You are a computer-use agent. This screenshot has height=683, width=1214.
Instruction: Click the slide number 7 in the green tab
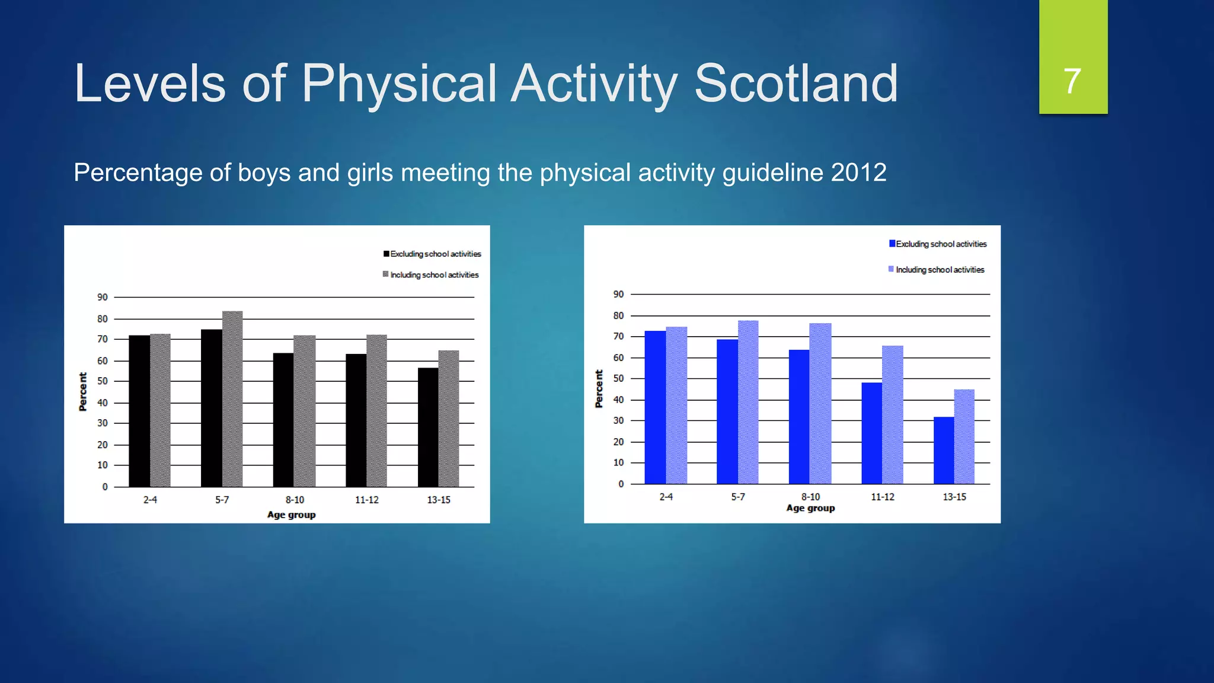[1072, 81]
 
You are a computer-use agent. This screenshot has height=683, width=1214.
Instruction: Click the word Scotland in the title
[796, 84]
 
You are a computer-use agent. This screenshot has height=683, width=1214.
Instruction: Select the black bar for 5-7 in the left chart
[211, 409]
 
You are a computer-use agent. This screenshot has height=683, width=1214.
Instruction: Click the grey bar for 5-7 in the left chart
[232, 400]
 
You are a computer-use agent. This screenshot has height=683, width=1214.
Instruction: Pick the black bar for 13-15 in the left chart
[428, 428]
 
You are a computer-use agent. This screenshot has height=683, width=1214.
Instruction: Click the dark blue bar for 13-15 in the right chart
[944, 451]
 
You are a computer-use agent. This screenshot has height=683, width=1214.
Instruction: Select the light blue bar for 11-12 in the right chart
[893, 415]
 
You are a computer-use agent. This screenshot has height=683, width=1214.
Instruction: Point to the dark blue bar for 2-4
[655, 408]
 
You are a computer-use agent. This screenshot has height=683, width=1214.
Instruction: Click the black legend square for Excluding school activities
[386, 254]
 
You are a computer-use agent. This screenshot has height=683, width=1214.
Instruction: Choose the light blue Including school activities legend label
[940, 270]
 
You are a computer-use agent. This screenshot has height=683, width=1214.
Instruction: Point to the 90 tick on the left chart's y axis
[103, 297]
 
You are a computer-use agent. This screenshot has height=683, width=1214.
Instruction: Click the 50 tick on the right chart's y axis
[618, 378]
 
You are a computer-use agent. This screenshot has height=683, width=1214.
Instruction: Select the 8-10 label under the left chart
[295, 500]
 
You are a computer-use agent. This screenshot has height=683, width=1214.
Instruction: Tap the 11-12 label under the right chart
[882, 497]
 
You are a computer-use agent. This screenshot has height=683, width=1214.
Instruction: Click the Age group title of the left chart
[291, 515]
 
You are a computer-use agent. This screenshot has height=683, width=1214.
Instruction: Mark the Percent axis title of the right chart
[599, 389]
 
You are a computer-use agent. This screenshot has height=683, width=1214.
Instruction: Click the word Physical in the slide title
[399, 84]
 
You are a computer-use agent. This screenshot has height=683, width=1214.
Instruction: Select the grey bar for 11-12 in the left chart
[376, 411]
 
